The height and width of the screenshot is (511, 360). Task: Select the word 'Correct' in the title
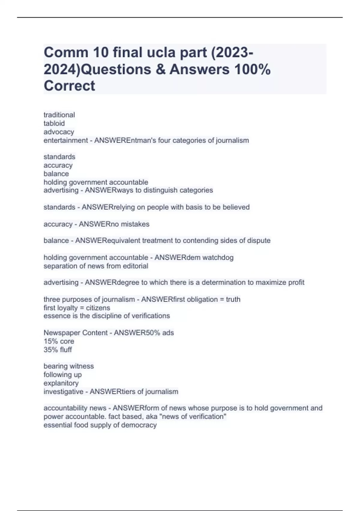click(69, 86)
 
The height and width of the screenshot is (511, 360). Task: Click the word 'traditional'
click(59, 115)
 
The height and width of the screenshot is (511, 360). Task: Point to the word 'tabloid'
click(54, 123)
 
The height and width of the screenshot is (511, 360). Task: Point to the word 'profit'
click(296, 282)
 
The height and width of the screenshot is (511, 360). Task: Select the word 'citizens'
click(98, 308)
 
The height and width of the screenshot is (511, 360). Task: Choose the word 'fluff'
click(66, 350)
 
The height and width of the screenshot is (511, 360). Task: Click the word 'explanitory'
click(61, 383)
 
